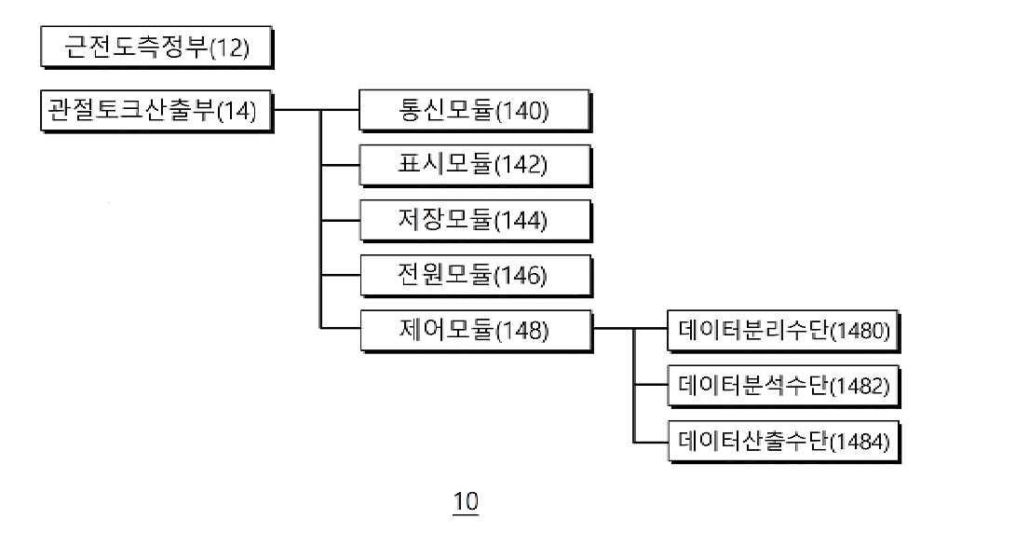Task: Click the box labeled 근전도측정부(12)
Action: (156, 48)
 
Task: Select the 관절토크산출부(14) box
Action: (156, 111)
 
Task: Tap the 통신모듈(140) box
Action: (475, 110)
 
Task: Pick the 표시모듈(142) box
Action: (475, 166)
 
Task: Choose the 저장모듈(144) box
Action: (475, 221)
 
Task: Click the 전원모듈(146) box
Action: (476, 276)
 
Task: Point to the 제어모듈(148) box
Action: (476, 331)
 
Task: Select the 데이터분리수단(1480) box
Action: (783, 331)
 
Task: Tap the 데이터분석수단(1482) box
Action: (783, 386)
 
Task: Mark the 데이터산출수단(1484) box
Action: (783, 441)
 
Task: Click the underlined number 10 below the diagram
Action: (466, 502)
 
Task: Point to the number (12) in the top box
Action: (230, 48)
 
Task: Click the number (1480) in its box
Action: (860, 330)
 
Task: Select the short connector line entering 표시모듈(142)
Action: (340, 166)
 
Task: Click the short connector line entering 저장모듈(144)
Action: (340, 221)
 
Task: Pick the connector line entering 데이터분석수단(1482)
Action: (651, 386)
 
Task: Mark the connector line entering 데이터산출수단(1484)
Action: (651, 442)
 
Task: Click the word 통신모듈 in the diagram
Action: (446, 110)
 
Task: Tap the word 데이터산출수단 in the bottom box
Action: (753, 441)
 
